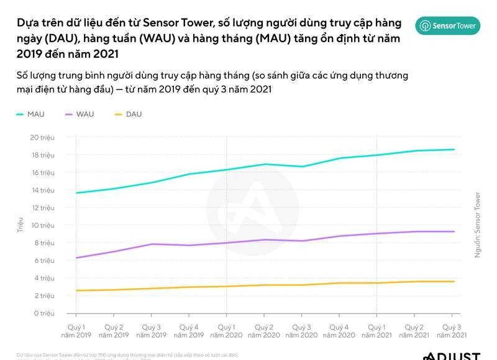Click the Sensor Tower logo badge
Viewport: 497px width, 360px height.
[x=447, y=25]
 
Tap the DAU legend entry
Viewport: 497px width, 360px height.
[x=128, y=114]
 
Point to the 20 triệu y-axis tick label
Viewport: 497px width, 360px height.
[x=43, y=137]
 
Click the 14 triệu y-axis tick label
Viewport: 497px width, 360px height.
[x=43, y=190]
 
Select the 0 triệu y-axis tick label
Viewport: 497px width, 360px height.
[x=45, y=313]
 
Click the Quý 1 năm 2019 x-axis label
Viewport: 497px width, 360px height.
[x=76, y=331]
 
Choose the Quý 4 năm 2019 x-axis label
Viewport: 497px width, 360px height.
[x=189, y=331]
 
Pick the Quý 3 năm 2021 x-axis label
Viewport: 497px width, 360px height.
[x=453, y=331]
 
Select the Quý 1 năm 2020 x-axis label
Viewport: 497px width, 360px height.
[x=226, y=331]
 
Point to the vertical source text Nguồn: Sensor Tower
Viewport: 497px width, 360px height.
[x=477, y=225]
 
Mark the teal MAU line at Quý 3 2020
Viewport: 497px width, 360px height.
[x=303, y=166]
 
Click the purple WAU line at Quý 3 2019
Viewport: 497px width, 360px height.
[x=152, y=244]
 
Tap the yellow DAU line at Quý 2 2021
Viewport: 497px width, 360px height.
[x=415, y=281]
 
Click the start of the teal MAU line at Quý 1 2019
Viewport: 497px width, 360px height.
[x=76, y=193]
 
